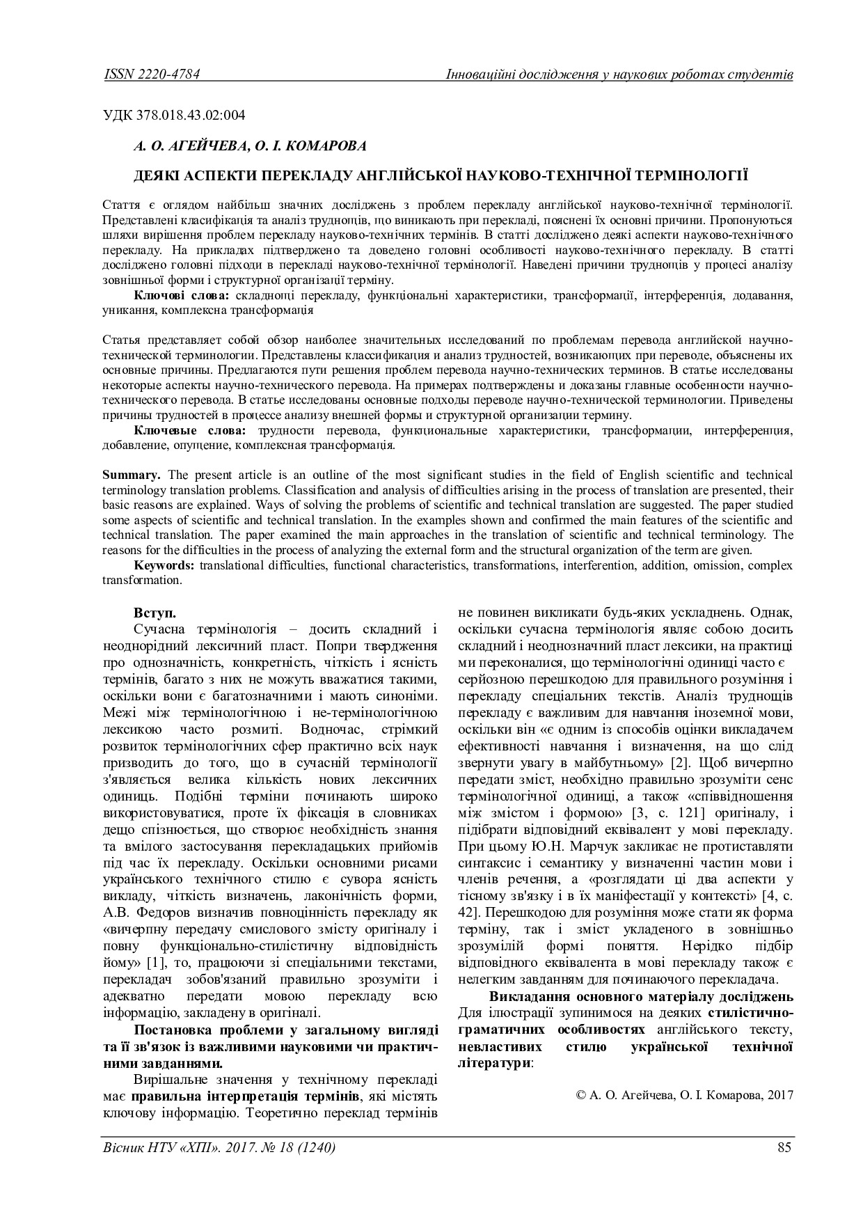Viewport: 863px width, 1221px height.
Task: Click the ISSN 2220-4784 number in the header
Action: tap(151, 74)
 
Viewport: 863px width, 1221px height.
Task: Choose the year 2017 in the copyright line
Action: tap(779, 1095)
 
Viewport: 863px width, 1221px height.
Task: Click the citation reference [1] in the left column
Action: tap(155, 962)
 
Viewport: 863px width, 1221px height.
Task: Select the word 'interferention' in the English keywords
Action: tap(605, 565)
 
